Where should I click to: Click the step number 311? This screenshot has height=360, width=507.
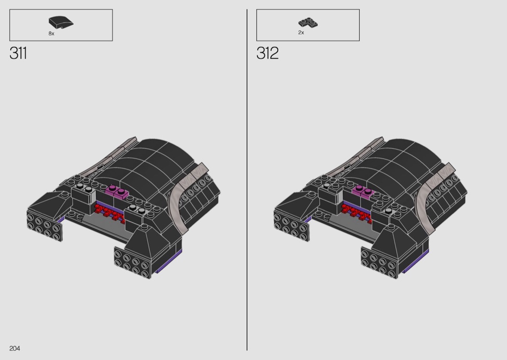coord(18,53)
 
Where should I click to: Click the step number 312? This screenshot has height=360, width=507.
coord(268,53)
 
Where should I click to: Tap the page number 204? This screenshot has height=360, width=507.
coord(14,348)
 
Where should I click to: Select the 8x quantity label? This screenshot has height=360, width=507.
coord(51,34)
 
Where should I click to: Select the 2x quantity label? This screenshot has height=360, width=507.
coord(301,33)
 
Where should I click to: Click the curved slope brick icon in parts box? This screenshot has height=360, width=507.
coord(61,22)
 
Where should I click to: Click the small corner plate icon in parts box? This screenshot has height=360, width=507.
coord(308,23)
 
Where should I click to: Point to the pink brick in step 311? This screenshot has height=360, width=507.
coord(117,192)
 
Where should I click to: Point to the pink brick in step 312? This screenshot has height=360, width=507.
coord(364,192)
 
